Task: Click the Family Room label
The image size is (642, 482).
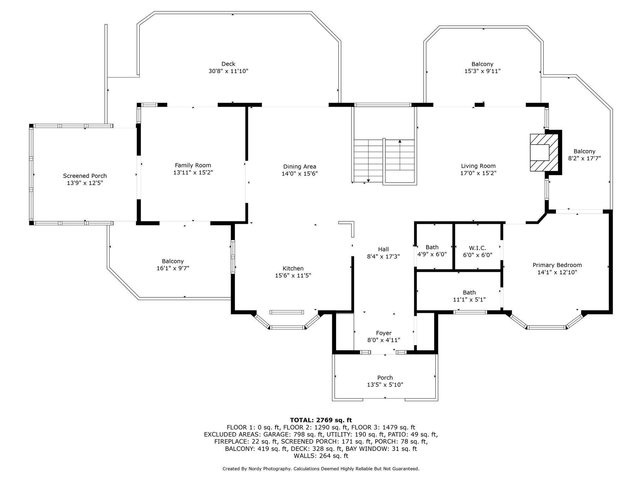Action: [x=193, y=165]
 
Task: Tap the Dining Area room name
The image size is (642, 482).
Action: [x=299, y=167]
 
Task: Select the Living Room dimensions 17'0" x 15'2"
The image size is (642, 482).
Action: [x=478, y=173]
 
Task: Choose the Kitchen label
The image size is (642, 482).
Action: [x=293, y=268]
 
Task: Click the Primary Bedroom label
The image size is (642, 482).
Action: [x=557, y=265]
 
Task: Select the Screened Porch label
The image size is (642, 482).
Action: [x=85, y=176]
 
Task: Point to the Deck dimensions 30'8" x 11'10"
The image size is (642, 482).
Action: [x=228, y=71]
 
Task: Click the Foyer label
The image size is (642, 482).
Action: [x=383, y=333]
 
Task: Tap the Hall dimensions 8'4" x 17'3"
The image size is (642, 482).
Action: [x=383, y=256]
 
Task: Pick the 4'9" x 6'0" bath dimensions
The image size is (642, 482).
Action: [x=432, y=254]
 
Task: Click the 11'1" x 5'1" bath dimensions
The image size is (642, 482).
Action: [x=469, y=299]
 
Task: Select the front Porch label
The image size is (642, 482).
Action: [x=385, y=378]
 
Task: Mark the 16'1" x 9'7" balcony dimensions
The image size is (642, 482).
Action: [x=173, y=268]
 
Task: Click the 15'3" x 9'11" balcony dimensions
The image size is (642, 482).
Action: [x=482, y=71]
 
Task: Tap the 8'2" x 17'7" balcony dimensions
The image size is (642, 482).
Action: [x=584, y=159]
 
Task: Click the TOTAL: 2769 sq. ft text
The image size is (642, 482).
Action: [x=321, y=420]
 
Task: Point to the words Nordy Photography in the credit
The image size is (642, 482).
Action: [x=269, y=469]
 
